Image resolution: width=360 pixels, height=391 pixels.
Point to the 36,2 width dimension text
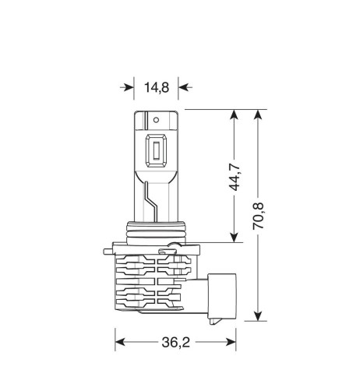coord(176,340)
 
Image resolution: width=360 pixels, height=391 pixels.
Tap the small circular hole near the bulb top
coord(156,121)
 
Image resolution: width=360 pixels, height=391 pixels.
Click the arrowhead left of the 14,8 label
coord(128,87)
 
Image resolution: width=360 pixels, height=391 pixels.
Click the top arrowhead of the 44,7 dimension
coord(232,116)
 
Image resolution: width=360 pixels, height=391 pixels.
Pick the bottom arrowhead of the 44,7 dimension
coord(232,238)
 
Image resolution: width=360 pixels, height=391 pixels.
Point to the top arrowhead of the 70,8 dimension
coord(257,116)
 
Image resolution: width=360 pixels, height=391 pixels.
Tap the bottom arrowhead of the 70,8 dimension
coord(257,315)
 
